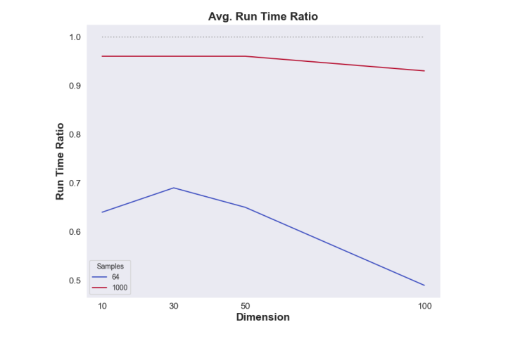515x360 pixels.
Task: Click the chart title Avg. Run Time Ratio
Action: [x=263, y=16]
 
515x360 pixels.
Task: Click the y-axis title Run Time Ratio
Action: [x=60, y=161]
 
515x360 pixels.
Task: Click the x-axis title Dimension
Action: [x=263, y=317]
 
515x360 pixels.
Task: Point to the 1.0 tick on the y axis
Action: [x=75, y=37]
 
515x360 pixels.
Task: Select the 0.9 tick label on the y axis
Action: [x=75, y=86]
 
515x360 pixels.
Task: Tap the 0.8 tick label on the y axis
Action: [x=75, y=134]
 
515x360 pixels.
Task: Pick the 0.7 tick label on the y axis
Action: [x=75, y=183]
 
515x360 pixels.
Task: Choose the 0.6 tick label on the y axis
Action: [x=75, y=232]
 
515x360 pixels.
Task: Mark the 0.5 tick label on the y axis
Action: [x=75, y=281]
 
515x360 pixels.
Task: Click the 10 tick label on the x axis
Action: [x=102, y=307]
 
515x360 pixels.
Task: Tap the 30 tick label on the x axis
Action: [x=174, y=307]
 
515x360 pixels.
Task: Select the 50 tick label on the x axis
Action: [x=245, y=307]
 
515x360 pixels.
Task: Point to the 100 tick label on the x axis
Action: [x=424, y=307]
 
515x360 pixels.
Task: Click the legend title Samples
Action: [x=110, y=266]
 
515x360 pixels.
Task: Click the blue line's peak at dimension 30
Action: [x=174, y=188]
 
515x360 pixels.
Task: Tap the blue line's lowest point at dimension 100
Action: [x=424, y=285]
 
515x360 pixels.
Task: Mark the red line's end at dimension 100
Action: [x=424, y=71]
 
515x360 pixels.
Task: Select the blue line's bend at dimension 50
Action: [x=245, y=207]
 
